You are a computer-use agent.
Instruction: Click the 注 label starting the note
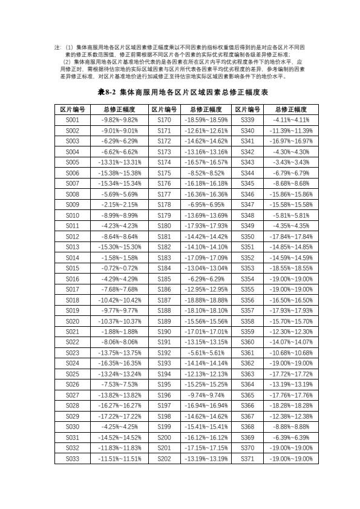click(x=57, y=47)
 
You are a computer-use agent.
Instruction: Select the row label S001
click(x=72, y=120)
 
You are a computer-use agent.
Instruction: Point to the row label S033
click(x=72, y=459)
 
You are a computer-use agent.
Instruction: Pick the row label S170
click(x=164, y=120)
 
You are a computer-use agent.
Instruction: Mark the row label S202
click(x=164, y=459)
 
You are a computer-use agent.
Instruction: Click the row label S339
click(x=247, y=120)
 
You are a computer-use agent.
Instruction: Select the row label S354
click(x=247, y=279)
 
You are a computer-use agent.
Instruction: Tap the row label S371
click(x=247, y=459)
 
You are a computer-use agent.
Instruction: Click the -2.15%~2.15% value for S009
click(x=119, y=205)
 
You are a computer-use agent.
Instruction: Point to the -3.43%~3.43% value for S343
click(x=291, y=162)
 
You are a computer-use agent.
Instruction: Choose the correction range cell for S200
click(x=206, y=438)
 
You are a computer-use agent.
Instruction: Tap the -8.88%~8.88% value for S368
click(x=291, y=427)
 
